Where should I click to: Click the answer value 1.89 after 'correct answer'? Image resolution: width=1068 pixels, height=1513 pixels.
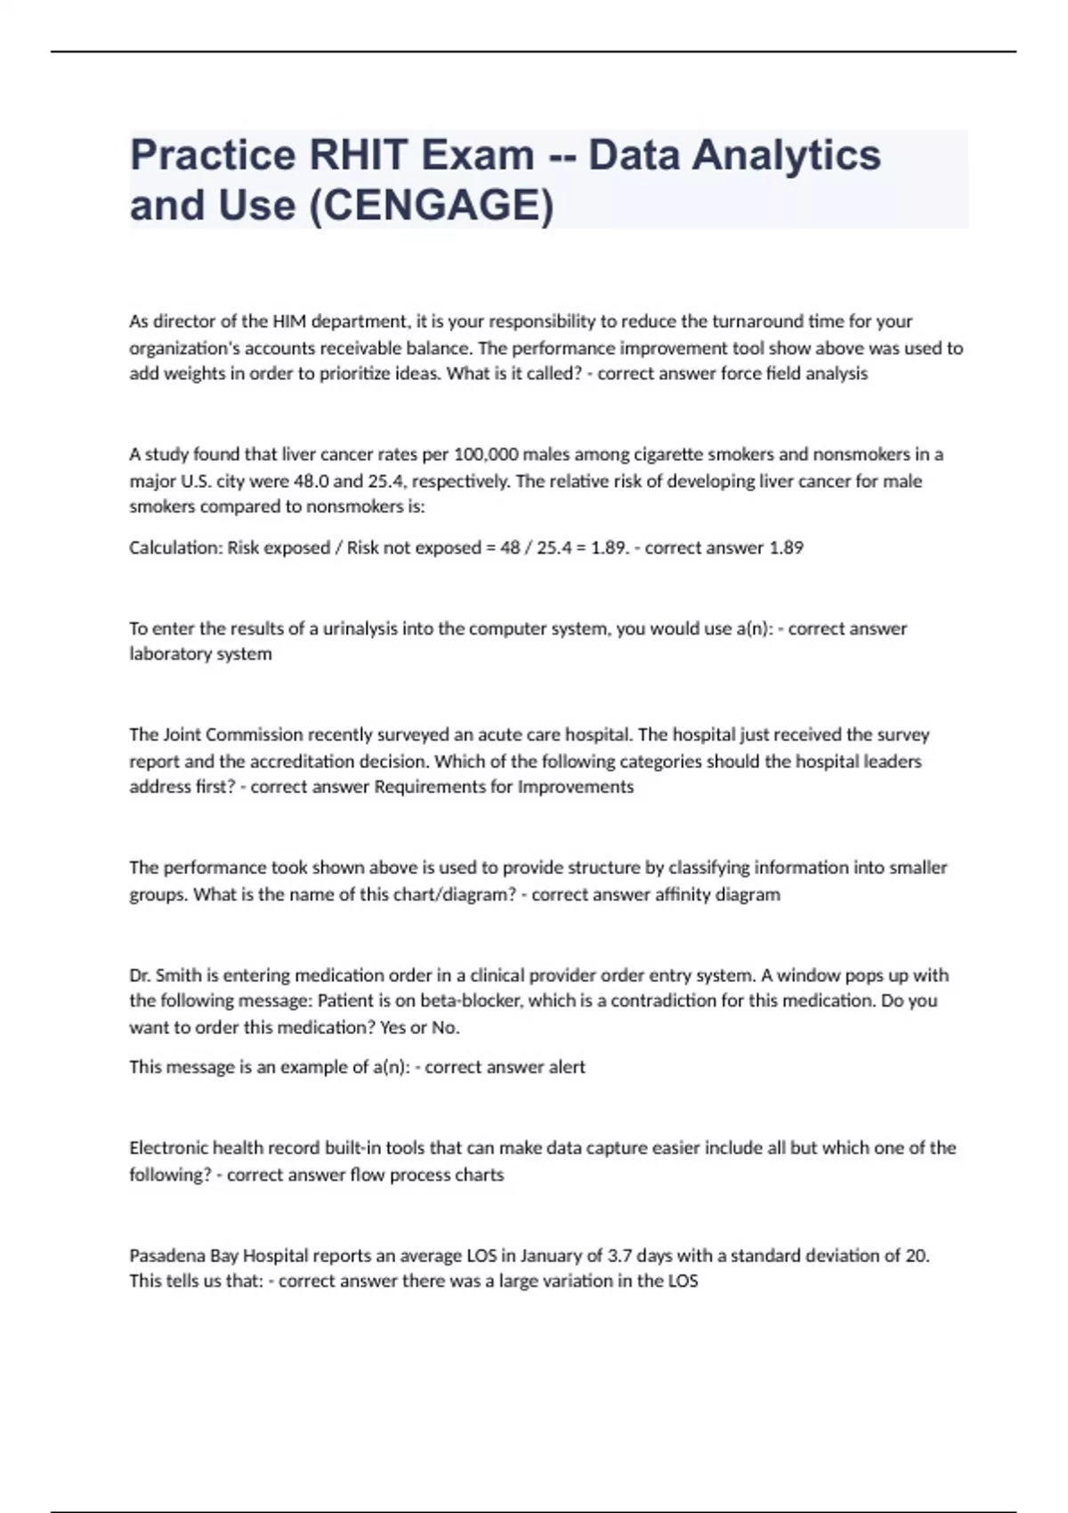point(786,548)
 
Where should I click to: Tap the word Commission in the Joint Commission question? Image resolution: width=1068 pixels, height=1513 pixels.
point(256,735)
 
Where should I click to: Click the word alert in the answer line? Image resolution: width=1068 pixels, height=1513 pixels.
point(567,1067)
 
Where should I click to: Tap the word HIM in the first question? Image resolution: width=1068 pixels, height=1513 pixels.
point(289,321)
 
